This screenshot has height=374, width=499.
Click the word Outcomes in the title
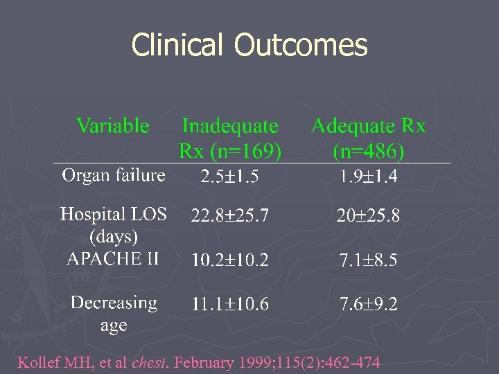(300, 46)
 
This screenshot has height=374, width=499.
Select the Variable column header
(113, 125)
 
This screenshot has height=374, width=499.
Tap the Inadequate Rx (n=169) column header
(230, 138)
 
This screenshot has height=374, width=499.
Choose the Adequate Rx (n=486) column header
(368, 138)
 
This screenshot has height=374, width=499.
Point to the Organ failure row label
(114, 175)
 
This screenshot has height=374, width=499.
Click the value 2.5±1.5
(229, 177)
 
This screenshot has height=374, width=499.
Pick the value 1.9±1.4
(368, 177)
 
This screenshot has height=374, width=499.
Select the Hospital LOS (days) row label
(114, 225)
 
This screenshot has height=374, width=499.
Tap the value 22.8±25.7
(229, 217)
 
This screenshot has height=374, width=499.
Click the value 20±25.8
(368, 217)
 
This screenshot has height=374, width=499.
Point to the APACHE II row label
(113, 259)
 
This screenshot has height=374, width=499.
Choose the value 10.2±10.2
(229, 261)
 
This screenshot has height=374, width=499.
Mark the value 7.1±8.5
(368, 261)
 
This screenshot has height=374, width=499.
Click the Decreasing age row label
(114, 314)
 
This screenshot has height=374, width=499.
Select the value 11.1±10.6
(229, 305)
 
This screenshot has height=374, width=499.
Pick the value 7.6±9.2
(368, 305)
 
